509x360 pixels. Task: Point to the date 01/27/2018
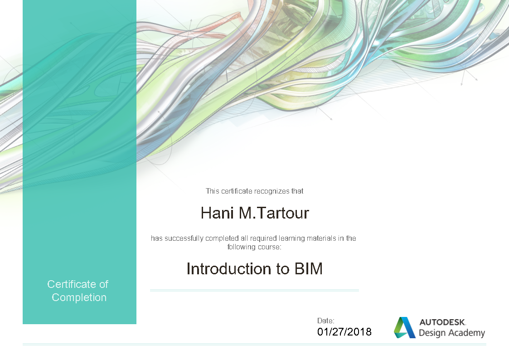344,332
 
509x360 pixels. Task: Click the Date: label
326,321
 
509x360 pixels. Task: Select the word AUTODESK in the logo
442,322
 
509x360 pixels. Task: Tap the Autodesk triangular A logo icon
404,327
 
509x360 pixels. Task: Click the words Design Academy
451,333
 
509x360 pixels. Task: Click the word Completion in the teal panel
79,297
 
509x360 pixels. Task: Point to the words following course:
254,247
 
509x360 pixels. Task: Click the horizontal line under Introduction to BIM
254,290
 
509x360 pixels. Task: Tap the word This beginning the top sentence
213,191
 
